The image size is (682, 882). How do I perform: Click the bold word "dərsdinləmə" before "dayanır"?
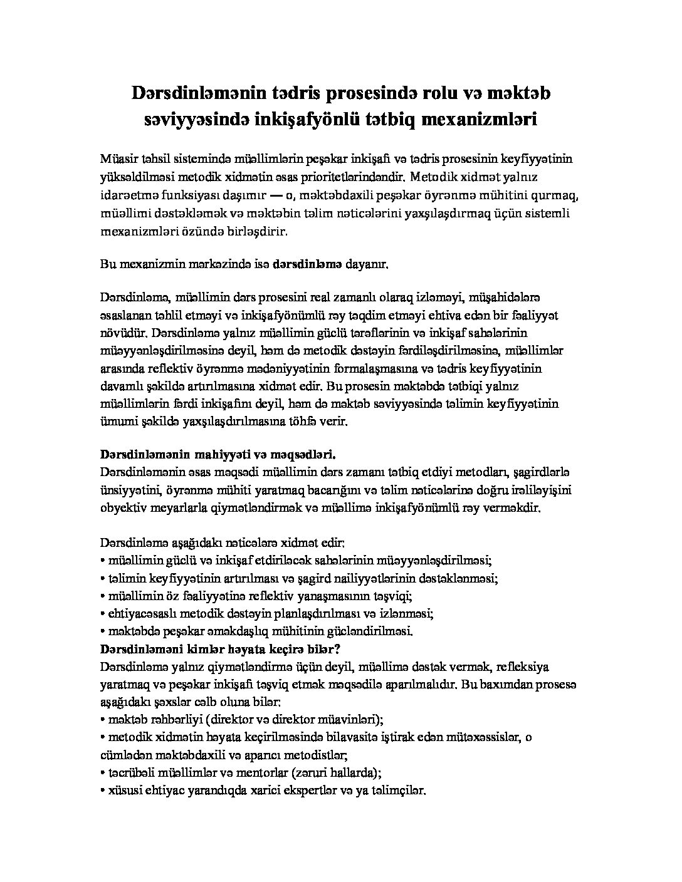click(307, 265)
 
